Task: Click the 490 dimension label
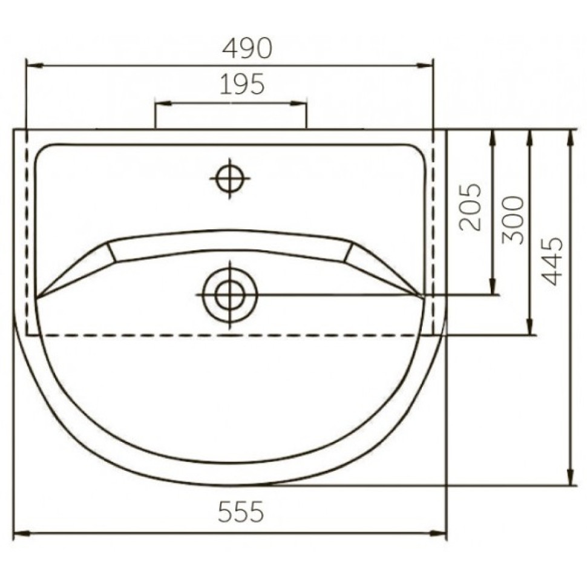pos(247,48)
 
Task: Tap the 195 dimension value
pos(242,84)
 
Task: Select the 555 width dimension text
pos(241,512)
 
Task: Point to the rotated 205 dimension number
pos(470,206)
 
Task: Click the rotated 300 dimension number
pos(512,220)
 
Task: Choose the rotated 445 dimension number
pos(552,261)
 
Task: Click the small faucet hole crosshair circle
pos(230,179)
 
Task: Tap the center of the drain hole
pos(230,295)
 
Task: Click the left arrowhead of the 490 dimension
pos(34,65)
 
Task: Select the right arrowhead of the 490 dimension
pos(425,65)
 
